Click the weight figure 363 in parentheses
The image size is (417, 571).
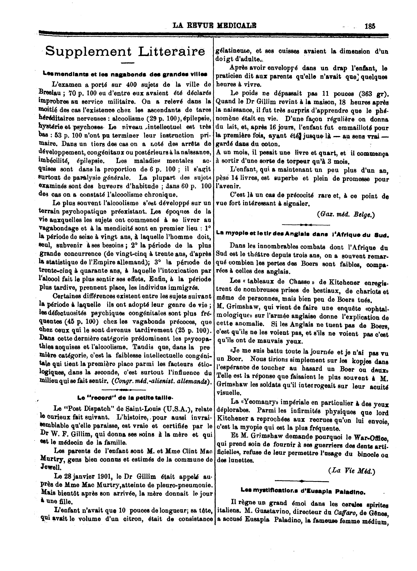(365, 94)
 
